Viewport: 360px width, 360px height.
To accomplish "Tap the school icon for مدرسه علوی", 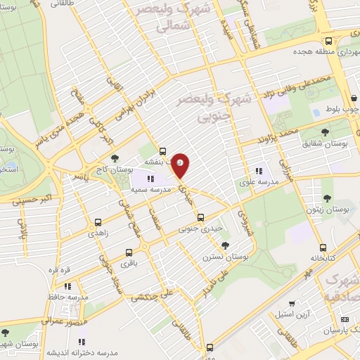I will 258,170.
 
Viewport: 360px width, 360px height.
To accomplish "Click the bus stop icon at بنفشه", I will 162,150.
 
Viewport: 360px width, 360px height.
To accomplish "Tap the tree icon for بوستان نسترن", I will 224,245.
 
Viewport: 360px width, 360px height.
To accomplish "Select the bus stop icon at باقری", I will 128,253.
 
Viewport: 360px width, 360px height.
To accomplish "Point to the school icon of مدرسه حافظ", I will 67,286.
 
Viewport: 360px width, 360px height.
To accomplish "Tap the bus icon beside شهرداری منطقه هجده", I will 329,40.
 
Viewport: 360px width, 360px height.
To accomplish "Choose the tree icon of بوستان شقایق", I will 324,131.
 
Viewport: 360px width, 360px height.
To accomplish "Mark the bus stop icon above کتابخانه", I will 323,247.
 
